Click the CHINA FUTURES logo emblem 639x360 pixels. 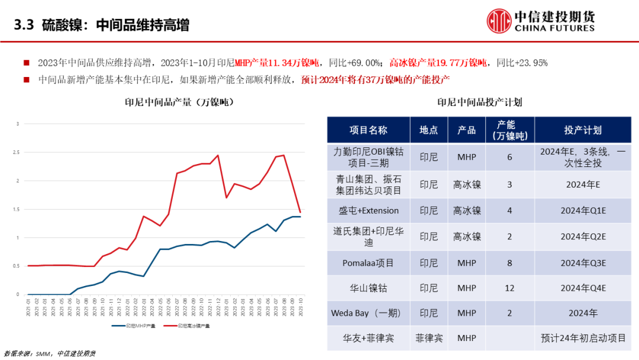pyautogui.click(x=499, y=21)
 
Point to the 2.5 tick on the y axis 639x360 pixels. pyautogui.click(x=18, y=152)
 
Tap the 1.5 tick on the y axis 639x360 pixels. pyautogui.click(x=18, y=209)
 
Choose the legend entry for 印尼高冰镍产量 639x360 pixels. pyautogui.click(x=187, y=326)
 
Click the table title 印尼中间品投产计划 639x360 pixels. pyautogui.click(x=479, y=102)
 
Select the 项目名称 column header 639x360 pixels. pyautogui.click(x=369, y=130)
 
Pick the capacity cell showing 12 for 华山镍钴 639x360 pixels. pyautogui.click(x=509, y=288)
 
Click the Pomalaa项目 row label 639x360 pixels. pyautogui.click(x=369, y=262)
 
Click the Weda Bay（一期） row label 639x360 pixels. pyautogui.click(x=369, y=313)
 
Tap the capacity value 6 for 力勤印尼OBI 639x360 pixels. pyautogui.click(x=509, y=157)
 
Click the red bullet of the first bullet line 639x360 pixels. pyautogui.click(x=26, y=63)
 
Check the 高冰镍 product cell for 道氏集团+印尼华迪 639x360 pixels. pyautogui.click(x=467, y=236)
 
